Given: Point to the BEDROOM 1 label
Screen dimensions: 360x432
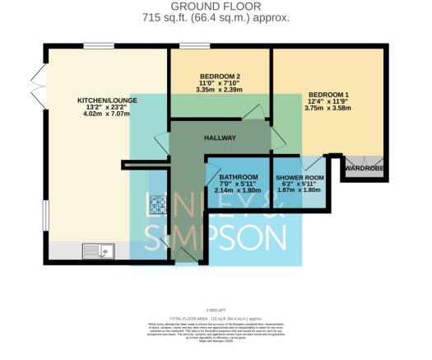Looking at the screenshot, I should point(329,94).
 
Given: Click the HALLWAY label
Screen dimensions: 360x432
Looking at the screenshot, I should point(221,138).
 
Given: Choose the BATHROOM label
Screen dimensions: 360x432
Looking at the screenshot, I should point(235,176).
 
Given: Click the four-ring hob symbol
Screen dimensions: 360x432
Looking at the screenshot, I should point(158,204).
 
